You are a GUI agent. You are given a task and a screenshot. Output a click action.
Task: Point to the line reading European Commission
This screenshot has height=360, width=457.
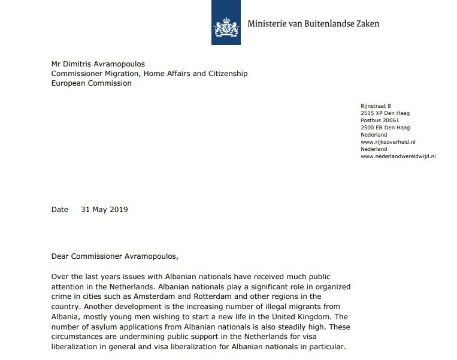(91, 83)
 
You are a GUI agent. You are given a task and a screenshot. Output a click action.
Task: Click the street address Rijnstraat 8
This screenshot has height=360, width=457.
(376, 106)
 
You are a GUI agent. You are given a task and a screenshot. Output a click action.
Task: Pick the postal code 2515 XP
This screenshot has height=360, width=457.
(371, 113)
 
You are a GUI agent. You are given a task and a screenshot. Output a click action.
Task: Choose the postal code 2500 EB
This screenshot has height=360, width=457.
(371, 128)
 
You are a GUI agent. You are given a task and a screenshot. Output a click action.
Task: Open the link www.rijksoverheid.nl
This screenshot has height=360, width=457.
(388, 142)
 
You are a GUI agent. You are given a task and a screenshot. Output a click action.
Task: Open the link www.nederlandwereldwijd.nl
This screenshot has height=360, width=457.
(398, 156)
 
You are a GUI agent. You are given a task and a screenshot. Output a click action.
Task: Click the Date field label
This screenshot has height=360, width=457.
(60, 210)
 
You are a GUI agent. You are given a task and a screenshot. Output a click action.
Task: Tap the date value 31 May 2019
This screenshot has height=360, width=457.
(104, 210)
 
